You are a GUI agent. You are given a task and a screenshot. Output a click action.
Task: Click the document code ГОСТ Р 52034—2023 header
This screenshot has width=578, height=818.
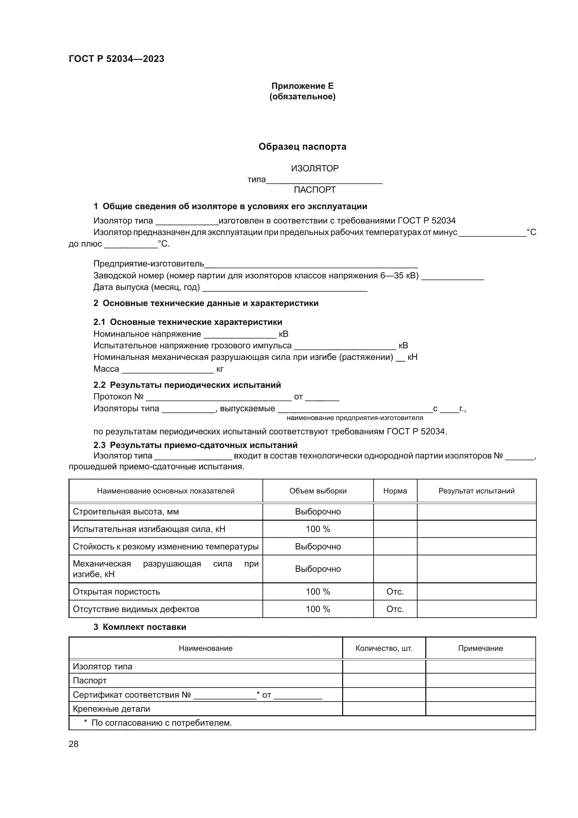coord(116,59)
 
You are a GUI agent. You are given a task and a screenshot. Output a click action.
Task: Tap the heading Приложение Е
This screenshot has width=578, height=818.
coord(302,86)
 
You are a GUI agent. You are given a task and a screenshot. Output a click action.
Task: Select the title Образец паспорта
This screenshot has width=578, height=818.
coord(302,147)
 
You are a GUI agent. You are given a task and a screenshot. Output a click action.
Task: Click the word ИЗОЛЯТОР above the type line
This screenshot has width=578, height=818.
coord(315,168)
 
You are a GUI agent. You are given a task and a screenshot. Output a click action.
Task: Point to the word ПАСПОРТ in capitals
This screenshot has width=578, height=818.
coord(315,190)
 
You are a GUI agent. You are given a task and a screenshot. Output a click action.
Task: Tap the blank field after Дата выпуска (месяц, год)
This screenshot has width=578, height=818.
coord(285,288)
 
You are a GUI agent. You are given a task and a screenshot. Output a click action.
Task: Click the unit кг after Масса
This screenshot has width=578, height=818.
coord(219,369)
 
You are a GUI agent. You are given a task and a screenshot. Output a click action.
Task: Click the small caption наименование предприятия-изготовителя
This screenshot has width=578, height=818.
coord(354,418)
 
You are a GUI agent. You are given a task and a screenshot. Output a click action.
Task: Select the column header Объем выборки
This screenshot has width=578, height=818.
coord(318,491)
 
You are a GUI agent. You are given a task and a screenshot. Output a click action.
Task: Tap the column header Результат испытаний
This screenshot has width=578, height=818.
coord(476,491)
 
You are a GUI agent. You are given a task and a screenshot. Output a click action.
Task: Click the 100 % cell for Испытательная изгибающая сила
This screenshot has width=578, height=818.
coord(318,529)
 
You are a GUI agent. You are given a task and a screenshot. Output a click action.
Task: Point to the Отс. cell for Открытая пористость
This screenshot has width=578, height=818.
coord(395,592)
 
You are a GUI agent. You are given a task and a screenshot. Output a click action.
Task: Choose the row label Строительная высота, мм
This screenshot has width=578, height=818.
coord(126,512)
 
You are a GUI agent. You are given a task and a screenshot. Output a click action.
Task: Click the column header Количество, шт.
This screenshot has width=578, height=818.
coord(384,648)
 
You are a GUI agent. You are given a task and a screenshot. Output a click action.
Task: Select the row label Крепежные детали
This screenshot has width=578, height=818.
coord(111,709)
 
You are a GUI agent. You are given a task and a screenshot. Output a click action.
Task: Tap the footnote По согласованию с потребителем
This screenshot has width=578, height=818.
coord(161,723)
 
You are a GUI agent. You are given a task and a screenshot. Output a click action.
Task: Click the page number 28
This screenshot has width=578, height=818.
coord(73,744)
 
